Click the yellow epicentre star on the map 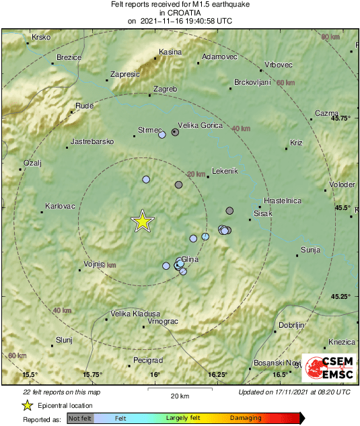(142, 221)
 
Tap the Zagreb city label (166, 89)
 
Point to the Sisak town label (262, 213)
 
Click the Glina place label (190, 258)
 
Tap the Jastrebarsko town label (93, 142)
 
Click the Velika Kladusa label (135, 314)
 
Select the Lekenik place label (225, 171)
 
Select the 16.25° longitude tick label (218, 374)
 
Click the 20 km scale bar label (179, 395)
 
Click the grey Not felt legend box (81, 418)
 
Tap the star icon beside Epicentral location (28, 405)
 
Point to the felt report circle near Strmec (161, 135)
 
